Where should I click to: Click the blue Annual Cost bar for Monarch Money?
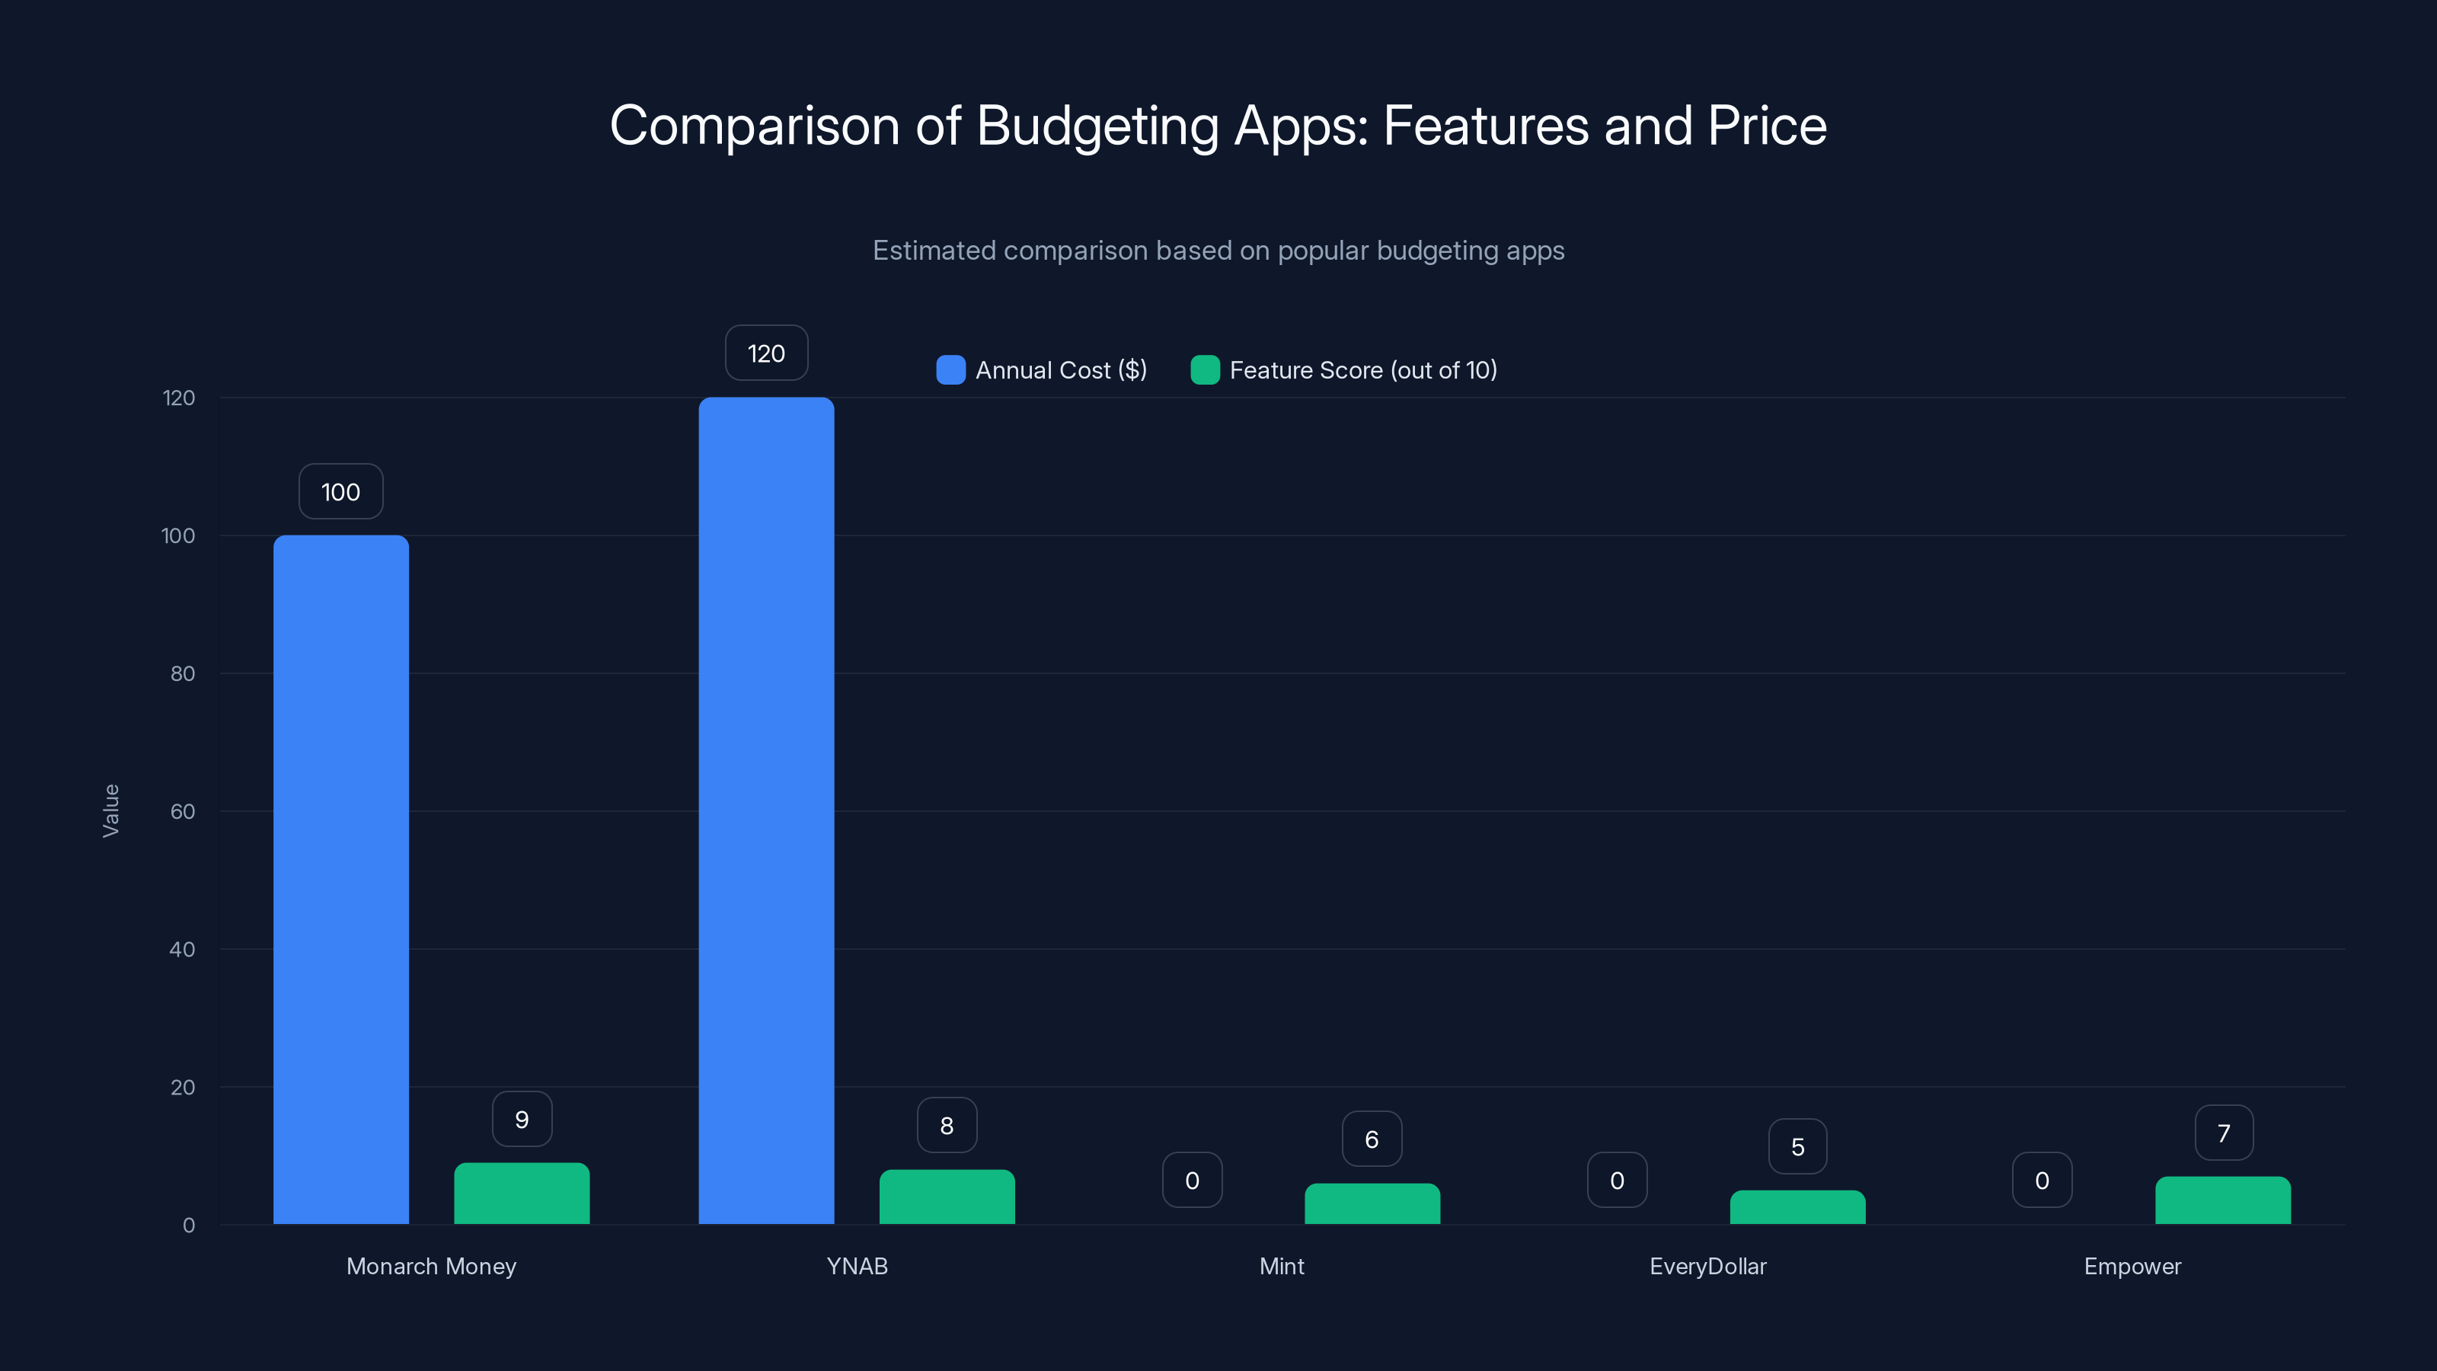pyautogui.click(x=340, y=880)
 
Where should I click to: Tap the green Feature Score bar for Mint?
pyautogui.click(x=1372, y=1203)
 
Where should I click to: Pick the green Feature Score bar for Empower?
pyautogui.click(x=2222, y=1200)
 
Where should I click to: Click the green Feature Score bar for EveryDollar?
pyautogui.click(x=1797, y=1207)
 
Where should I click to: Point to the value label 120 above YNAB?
pyautogui.click(x=766, y=353)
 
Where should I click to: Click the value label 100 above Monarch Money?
pyautogui.click(x=340, y=491)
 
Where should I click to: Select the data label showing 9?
pyautogui.click(x=521, y=1120)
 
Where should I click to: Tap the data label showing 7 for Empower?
pyautogui.click(x=2223, y=1133)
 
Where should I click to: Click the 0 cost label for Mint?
pyautogui.click(x=1192, y=1180)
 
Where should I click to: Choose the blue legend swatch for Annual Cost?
pyautogui.click(x=950, y=370)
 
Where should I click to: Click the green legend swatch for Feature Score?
pyautogui.click(x=1204, y=370)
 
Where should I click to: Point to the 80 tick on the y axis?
pyautogui.click(x=183, y=673)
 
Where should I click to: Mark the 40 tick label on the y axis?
pyautogui.click(x=183, y=949)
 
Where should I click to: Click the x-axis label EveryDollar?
pyautogui.click(x=1707, y=1266)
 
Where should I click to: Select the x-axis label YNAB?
pyautogui.click(x=857, y=1266)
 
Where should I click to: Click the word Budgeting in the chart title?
pyautogui.click(x=1097, y=126)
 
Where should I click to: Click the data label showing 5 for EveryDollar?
pyautogui.click(x=1797, y=1147)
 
